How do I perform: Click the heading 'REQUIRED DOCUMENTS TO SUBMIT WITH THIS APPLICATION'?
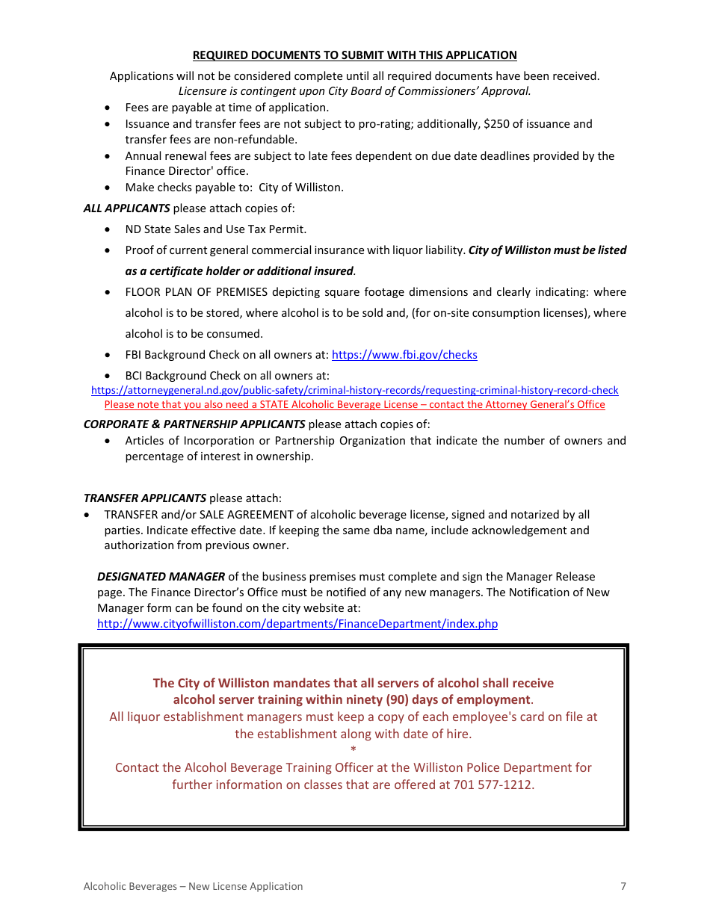(354, 55)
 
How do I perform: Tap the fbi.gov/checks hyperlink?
(404, 355)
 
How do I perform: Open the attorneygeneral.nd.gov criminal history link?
(354, 390)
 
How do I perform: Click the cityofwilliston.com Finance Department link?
(297, 624)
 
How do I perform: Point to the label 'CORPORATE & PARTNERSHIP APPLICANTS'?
(194, 424)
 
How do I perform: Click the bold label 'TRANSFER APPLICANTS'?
(145, 498)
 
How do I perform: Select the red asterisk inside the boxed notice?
(354, 749)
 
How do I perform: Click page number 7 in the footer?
(623, 887)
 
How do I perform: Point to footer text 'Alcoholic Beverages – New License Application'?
(193, 887)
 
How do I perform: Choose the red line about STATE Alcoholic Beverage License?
(354, 405)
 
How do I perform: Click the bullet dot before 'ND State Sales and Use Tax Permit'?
(109, 230)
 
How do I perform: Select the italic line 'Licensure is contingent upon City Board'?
(354, 91)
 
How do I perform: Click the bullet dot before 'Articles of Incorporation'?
(109, 442)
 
